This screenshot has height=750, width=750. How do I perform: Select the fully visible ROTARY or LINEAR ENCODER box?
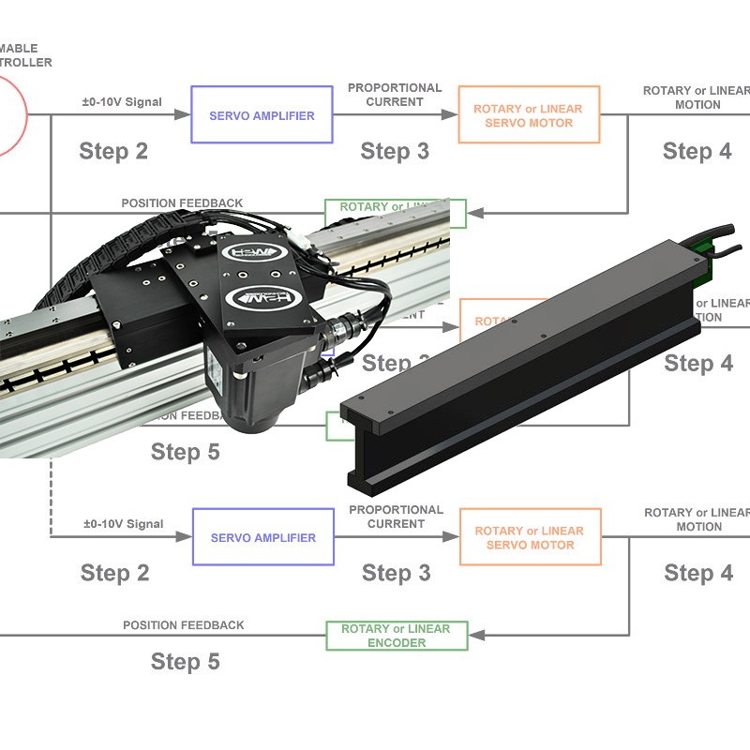396,636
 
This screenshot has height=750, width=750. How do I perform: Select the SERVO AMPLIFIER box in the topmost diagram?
262,115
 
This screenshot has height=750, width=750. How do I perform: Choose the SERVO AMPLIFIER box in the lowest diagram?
262,537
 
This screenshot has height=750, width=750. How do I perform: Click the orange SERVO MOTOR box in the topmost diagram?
528,115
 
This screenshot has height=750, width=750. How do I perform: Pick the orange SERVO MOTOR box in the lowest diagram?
530,537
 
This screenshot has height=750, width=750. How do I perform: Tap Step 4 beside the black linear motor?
698,364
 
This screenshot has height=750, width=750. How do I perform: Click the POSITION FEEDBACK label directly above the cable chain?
182,202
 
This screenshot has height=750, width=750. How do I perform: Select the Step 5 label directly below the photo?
185,452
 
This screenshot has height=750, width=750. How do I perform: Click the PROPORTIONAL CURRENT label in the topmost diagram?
395,95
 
